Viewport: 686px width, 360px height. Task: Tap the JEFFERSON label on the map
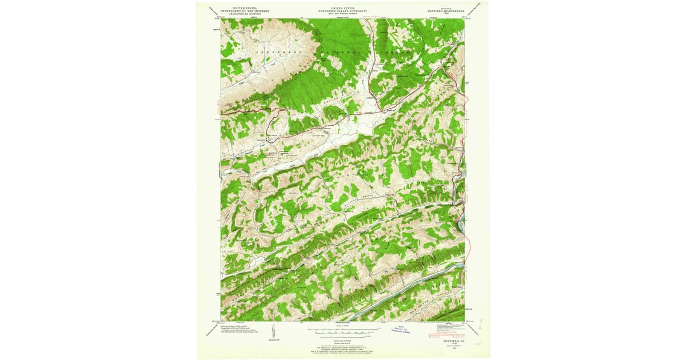pos(269,51)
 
